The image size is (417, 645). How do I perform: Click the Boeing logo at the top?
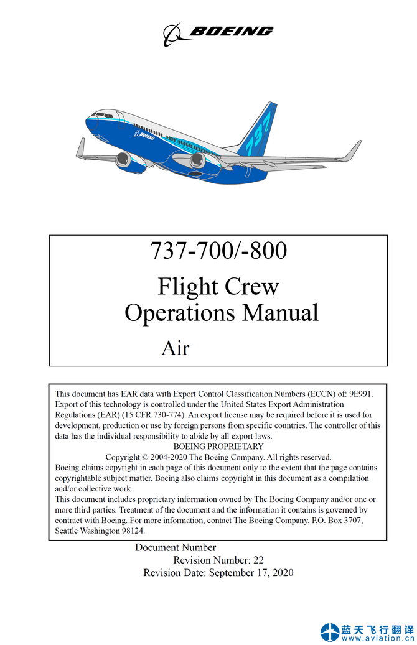coord(218,32)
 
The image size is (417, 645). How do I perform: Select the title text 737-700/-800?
coord(218,251)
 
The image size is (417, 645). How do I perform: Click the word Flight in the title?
coord(188,287)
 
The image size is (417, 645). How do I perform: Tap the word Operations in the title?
coord(180,312)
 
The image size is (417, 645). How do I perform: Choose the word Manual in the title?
coord(280,312)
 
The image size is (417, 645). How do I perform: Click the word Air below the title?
coord(175,348)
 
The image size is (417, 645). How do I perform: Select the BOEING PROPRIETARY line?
coord(218,447)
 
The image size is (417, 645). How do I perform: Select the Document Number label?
coord(176,548)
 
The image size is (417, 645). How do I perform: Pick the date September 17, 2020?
coord(251,573)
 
